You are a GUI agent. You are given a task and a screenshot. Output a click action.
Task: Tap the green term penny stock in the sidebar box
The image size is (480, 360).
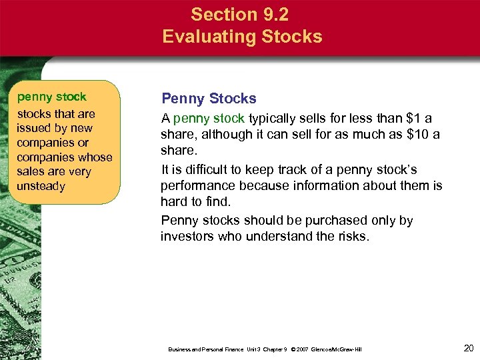(x=51, y=97)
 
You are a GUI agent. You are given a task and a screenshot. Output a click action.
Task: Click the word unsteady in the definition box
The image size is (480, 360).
(x=41, y=186)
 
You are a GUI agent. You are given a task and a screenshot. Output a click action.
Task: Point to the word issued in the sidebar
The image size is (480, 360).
(x=35, y=128)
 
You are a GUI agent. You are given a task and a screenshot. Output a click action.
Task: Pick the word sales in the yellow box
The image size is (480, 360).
(x=31, y=171)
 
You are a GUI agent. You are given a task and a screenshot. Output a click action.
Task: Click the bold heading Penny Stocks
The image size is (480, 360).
(x=209, y=99)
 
